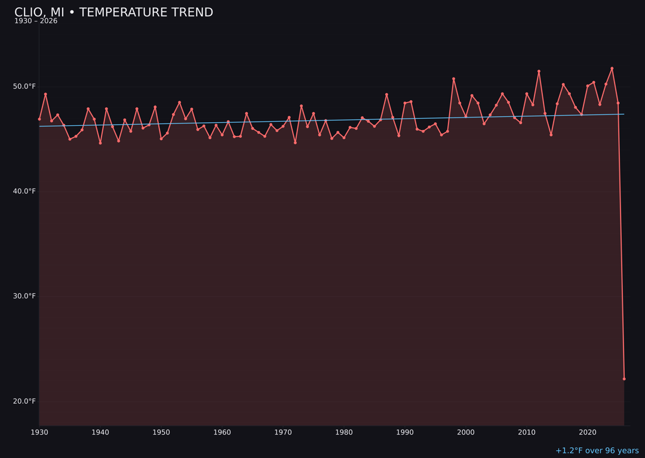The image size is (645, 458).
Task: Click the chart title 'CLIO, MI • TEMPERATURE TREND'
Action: click(113, 13)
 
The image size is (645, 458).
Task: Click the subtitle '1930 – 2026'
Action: click(36, 21)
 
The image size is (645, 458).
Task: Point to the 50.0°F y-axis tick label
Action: click(24, 86)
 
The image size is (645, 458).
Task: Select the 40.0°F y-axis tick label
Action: click(24, 191)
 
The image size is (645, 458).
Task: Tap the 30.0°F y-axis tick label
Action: click(24, 296)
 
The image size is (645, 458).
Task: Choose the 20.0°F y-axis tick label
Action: click(24, 401)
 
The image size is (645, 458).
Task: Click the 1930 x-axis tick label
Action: click(39, 432)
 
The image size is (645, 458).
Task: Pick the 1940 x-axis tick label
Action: click(100, 432)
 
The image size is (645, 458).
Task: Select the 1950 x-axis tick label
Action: click(161, 432)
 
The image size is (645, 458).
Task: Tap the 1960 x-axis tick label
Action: click(222, 432)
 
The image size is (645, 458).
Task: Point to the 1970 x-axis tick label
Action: click(283, 432)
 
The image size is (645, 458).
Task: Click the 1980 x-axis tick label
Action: click(344, 432)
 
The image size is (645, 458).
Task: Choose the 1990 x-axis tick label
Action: click(405, 432)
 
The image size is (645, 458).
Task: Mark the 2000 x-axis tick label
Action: click(466, 432)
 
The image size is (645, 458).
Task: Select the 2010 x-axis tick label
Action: click(527, 432)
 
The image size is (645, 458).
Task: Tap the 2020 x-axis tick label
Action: click(588, 432)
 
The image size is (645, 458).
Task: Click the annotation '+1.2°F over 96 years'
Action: click(597, 451)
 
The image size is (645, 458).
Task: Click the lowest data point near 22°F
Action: click(624, 379)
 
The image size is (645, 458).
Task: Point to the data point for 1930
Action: click(39, 119)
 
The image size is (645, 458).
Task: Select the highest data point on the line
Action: click(612, 69)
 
